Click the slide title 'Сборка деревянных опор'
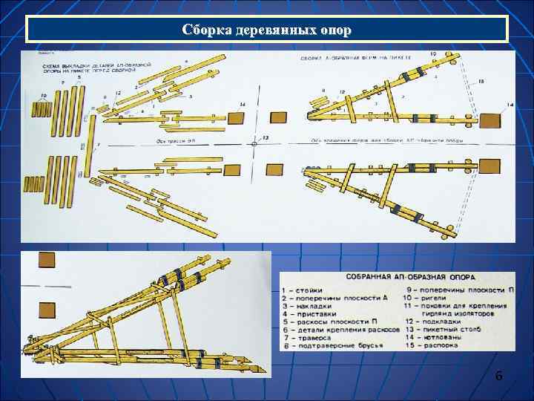tap(267, 30)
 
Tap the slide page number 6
tap(499, 376)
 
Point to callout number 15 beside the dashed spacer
tap(481, 81)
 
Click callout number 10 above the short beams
tap(44, 95)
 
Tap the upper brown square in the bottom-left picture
tap(47, 260)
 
